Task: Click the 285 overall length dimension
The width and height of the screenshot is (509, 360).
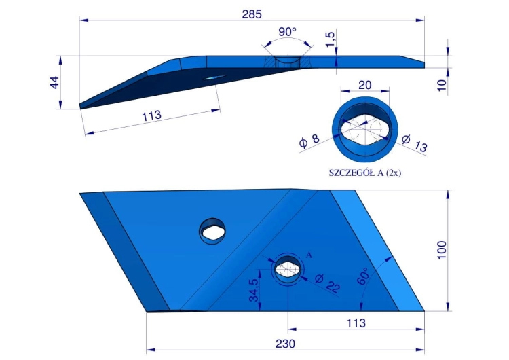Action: pyautogui.click(x=252, y=14)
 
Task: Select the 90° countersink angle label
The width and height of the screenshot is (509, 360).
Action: pyautogui.click(x=287, y=32)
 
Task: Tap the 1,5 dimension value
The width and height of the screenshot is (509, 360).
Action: pyautogui.click(x=330, y=39)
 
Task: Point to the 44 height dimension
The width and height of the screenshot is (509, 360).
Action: pyautogui.click(x=54, y=82)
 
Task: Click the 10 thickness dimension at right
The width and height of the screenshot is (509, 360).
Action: pyautogui.click(x=442, y=85)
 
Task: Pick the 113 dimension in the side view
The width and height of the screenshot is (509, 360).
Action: pyautogui.click(x=151, y=116)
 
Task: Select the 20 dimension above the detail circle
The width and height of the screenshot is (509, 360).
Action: pyautogui.click(x=365, y=85)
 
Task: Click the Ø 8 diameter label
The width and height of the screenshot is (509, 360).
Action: pyautogui.click(x=309, y=141)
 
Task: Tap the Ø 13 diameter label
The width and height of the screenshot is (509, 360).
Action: pyautogui.click(x=414, y=143)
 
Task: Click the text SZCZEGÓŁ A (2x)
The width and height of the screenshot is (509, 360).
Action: pyautogui.click(x=365, y=173)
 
